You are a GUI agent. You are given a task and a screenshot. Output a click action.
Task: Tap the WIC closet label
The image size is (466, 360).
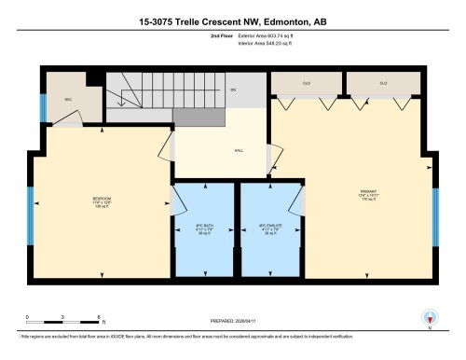coord(68,97)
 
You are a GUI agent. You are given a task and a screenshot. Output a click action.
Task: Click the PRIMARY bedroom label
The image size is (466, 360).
coord(365,196)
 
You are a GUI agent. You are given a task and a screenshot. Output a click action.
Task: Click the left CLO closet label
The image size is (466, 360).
coord(306,84)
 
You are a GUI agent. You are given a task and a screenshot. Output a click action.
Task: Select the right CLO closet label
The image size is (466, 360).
coord(382,84)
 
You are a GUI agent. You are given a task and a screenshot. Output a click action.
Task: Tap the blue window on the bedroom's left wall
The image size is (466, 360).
coord(30,208)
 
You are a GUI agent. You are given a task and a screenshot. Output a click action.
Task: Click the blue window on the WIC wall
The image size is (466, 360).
coord(42,108)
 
